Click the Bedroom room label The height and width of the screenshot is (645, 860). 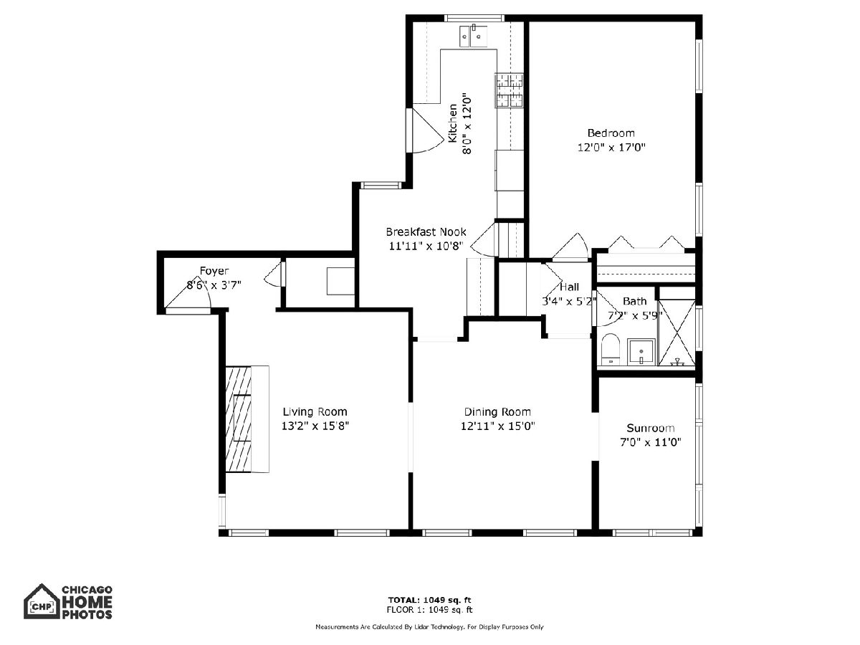coord(611,133)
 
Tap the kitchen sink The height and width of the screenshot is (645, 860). coord(473,36)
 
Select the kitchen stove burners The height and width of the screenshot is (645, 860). coord(510,90)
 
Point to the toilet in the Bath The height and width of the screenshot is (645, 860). coord(610,349)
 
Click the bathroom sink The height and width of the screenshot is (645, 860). coord(641,352)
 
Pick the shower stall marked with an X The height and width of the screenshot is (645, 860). coord(677,333)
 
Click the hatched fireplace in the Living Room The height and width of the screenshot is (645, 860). coord(238,419)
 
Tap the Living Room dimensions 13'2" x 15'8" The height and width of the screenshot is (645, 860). coord(315,426)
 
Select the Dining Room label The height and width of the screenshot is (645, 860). coord(497,411)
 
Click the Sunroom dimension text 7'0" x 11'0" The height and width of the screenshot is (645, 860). coord(651,442)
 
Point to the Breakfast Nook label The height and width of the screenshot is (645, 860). coord(426,231)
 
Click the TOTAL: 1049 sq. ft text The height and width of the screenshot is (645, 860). coord(429,600)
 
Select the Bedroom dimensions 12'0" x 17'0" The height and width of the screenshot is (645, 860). coord(611,148)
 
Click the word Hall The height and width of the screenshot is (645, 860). coord(569,287)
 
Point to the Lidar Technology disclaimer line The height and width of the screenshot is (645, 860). coord(429,626)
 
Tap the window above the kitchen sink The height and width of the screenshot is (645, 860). coord(473,18)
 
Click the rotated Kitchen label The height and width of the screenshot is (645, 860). coord(452,123)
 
